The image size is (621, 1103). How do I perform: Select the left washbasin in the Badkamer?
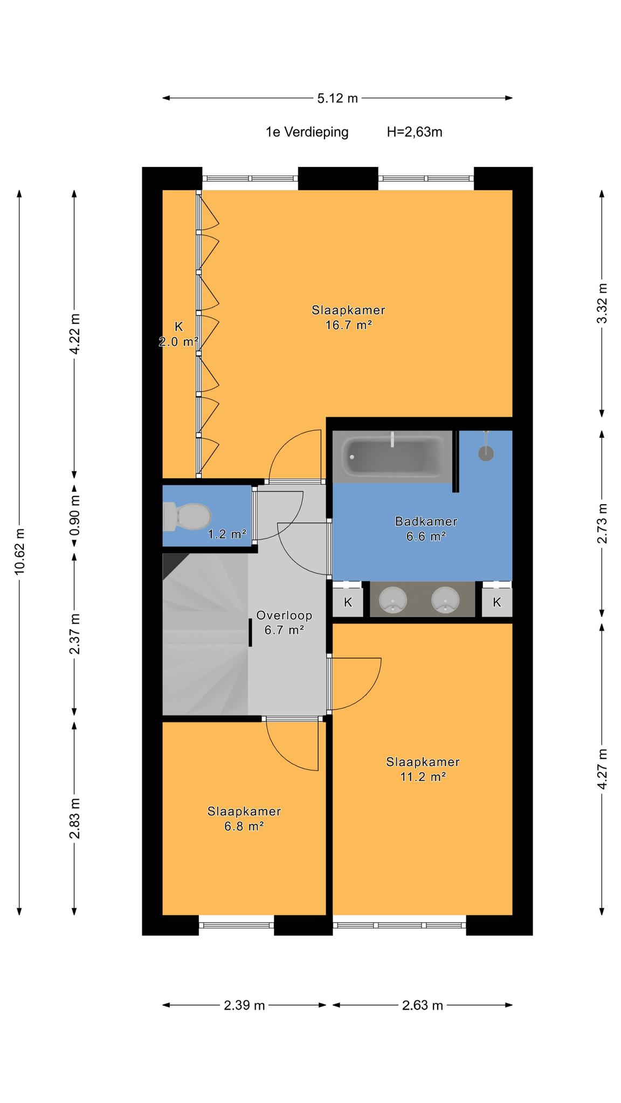pyautogui.click(x=392, y=599)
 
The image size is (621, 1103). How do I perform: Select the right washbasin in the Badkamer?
pyautogui.click(x=445, y=599)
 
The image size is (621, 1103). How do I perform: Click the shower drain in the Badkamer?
pyautogui.click(x=486, y=453)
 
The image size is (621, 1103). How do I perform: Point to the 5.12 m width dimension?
pyautogui.click(x=337, y=98)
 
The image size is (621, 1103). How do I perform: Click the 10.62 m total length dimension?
pyautogui.click(x=19, y=551)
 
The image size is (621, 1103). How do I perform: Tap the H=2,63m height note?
pyautogui.click(x=415, y=132)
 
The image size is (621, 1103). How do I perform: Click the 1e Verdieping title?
pyautogui.click(x=307, y=132)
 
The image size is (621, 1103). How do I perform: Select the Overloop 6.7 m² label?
pyautogui.click(x=284, y=623)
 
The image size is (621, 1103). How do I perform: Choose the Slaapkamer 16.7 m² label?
pyautogui.click(x=349, y=318)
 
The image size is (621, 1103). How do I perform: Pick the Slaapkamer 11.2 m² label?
pyautogui.click(x=423, y=769)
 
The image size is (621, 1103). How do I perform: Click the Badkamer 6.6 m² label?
pyautogui.click(x=426, y=528)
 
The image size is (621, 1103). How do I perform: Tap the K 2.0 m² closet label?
pyautogui.click(x=178, y=333)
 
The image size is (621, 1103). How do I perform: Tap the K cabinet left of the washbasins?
pyautogui.click(x=348, y=602)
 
